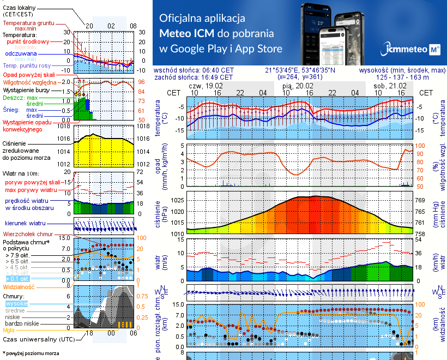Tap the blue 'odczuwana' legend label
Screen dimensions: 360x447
click(21, 53)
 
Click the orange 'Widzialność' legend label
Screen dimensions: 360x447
click(19, 286)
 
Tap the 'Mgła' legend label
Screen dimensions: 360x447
click(9, 330)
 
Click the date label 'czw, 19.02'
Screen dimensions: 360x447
click(206, 86)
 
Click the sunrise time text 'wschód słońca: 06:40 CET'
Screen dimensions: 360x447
click(194, 70)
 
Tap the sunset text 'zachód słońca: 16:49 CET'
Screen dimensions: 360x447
click(194, 77)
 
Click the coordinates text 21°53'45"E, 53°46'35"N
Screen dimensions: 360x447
click(300, 70)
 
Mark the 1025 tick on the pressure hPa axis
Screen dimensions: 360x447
click(175, 200)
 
